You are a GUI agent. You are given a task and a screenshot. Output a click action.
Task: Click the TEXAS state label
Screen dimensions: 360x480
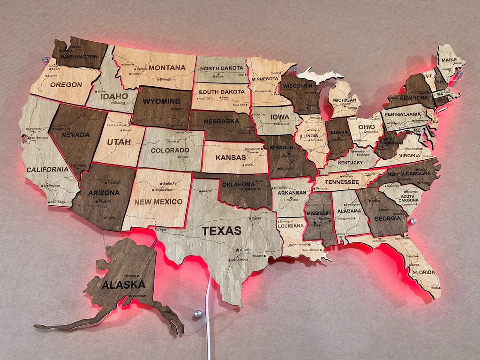[222, 231]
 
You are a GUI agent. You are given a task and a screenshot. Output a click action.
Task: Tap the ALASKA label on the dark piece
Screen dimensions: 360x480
[123, 285]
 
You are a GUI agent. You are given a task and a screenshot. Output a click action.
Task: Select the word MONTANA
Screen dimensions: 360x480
[167, 67]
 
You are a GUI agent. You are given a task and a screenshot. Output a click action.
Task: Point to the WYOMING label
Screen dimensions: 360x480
[162, 101]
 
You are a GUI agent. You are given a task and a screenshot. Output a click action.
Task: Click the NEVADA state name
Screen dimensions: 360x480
[75, 135]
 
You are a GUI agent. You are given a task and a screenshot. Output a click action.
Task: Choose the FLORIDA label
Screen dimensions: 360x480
[424, 272]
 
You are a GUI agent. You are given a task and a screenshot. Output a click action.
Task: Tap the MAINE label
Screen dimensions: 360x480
[449, 60]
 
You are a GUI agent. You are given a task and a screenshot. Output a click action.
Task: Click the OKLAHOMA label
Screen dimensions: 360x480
[239, 184]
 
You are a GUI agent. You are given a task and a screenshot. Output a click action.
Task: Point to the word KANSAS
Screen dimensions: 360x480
[231, 157]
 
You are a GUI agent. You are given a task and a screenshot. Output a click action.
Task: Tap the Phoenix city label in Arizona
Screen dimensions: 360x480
[104, 202]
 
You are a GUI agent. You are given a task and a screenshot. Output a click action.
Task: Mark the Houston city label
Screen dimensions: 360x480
[257, 256]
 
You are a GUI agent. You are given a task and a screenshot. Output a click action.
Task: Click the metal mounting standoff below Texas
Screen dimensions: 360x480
[198, 313]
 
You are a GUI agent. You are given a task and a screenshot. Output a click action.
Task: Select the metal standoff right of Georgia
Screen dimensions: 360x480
[413, 220]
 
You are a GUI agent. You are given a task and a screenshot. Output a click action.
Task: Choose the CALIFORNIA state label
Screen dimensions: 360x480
[47, 169]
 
